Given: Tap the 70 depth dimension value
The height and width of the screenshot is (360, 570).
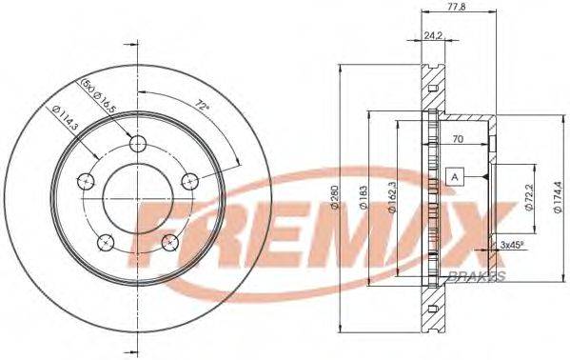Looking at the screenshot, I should [458, 139].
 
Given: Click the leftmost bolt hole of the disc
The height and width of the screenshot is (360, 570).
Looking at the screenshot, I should [84, 181].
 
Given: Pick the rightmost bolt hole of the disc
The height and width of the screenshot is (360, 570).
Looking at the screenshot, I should [191, 181].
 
